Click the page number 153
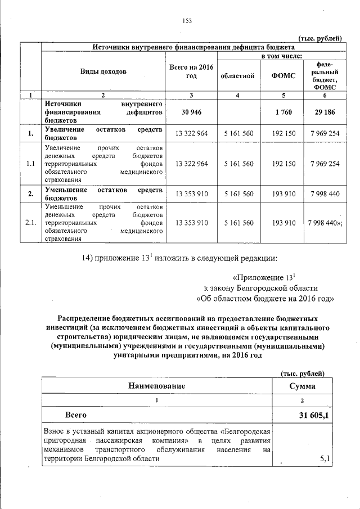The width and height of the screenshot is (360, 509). tap(187, 21)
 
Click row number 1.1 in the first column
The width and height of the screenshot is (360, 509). tap(31, 164)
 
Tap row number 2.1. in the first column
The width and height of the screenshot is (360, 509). tap(31, 223)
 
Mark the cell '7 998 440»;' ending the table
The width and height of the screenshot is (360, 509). tap(325, 223)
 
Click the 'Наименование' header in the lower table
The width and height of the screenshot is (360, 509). tap(156, 386)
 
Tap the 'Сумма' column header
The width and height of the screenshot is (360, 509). tap(302, 386)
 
